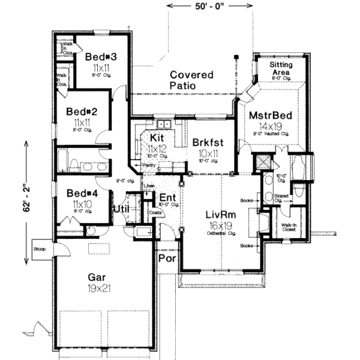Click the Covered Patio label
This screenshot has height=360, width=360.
(x=191, y=80)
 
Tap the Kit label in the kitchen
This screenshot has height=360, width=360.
(x=157, y=137)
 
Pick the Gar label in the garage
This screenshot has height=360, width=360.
(x=97, y=277)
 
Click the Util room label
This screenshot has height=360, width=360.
(x=121, y=208)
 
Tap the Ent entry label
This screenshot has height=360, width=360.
(x=166, y=197)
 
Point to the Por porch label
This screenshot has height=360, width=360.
(x=165, y=259)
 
